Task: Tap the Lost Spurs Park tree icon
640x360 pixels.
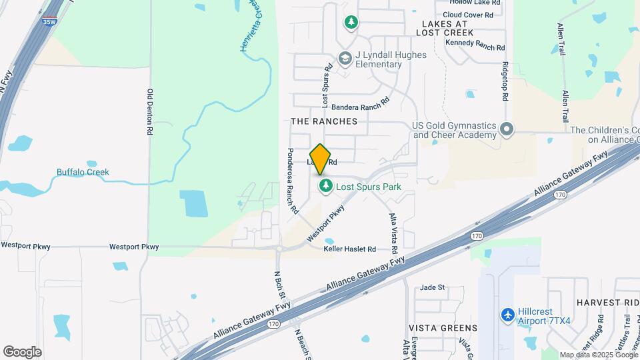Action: (326, 186)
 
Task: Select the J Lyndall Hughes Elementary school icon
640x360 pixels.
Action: (345, 59)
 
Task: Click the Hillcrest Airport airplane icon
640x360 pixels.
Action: (508, 314)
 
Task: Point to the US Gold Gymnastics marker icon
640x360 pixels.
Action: (507, 128)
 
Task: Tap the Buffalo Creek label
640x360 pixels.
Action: (83, 172)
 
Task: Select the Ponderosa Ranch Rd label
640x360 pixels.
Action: (291, 181)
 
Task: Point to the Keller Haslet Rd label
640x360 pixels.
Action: (350, 249)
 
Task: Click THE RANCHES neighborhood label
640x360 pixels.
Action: (324, 121)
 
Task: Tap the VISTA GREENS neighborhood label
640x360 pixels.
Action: (443, 328)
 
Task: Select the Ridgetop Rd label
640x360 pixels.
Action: (506, 81)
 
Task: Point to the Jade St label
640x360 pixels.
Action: (432, 287)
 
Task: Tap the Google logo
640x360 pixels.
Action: (22, 351)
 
